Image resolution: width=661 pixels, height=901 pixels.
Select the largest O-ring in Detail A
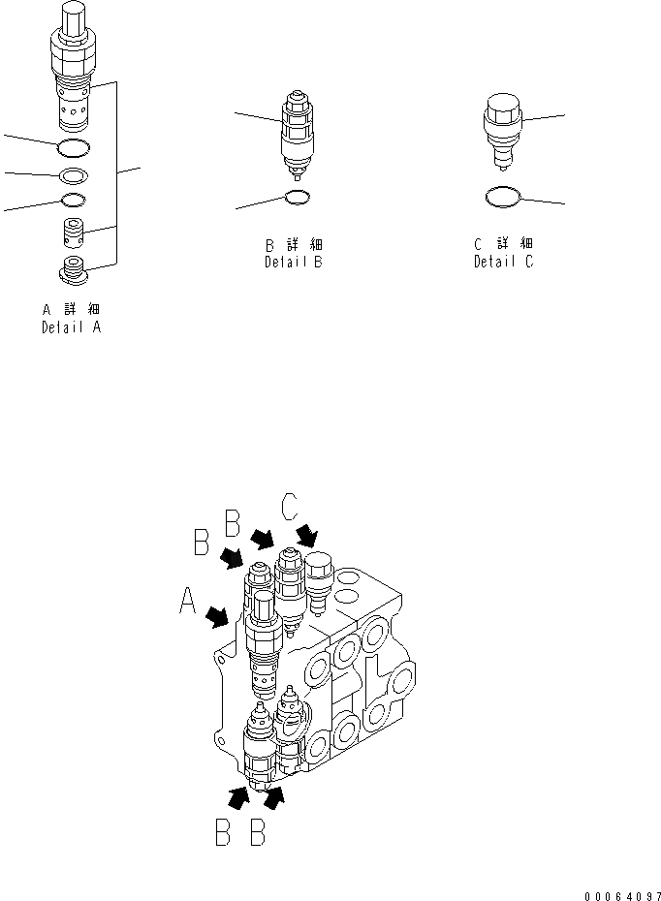point(74,147)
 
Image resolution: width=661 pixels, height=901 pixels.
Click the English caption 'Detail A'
point(71,327)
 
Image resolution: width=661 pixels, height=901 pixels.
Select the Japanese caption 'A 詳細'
point(71,309)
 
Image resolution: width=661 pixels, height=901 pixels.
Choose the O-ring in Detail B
point(298,199)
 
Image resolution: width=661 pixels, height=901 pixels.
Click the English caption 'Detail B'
point(292,262)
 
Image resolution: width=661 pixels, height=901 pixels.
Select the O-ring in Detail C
point(503,197)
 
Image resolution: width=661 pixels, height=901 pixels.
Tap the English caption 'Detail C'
point(503,262)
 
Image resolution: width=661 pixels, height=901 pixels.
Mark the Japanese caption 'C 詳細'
point(503,243)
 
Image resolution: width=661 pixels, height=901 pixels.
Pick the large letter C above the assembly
point(290,507)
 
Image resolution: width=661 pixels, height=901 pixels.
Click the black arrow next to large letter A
point(218,616)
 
